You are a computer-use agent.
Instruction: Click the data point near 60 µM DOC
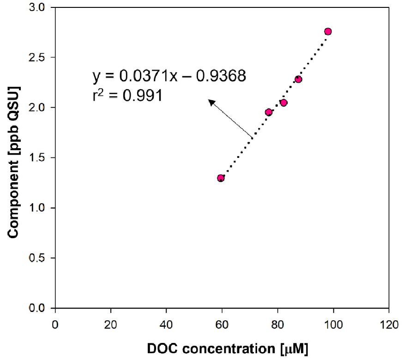point(221,178)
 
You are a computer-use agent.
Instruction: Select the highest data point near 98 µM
point(328,31)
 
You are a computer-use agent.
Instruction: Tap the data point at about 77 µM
point(269,112)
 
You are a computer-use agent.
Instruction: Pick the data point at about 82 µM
point(283,102)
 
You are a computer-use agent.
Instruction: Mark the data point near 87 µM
point(298,79)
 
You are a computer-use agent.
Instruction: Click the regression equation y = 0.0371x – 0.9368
point(169,76)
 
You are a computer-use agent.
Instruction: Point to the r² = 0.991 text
point(127,95)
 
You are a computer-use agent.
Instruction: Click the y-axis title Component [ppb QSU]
point(16,162)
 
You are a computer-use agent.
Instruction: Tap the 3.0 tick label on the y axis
point(41,7)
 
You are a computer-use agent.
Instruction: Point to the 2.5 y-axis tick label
point(41,58)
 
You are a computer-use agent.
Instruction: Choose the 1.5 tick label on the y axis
point(41,158)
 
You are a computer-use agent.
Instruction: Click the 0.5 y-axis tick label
point(41,258)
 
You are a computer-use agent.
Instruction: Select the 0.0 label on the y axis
point(41,308)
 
